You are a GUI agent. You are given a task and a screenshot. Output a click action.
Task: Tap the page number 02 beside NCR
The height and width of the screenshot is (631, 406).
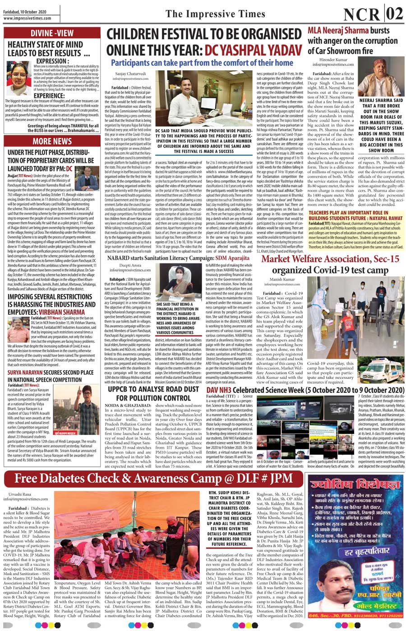pyautogui.click(x=393, y=14)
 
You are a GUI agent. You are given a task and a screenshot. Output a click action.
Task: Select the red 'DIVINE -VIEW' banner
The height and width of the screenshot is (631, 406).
pyautogui.click(x=52, y=33)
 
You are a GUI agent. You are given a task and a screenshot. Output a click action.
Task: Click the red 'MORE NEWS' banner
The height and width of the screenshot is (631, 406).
pyautogui.click(x=52, y=141)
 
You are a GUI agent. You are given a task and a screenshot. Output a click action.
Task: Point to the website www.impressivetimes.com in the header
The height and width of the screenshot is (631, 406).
pyautogui.click(x=27, y=18)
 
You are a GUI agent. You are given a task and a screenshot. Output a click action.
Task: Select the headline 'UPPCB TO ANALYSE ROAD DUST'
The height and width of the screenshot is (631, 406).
pyautogui.click(x=153, y=389)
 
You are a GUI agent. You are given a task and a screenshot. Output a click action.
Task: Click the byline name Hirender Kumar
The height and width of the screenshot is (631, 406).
pyautogui.click(x=333, y=59)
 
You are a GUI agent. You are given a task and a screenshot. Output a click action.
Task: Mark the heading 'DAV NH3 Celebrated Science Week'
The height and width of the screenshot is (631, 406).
pyautogui.click(x=305, y=389)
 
